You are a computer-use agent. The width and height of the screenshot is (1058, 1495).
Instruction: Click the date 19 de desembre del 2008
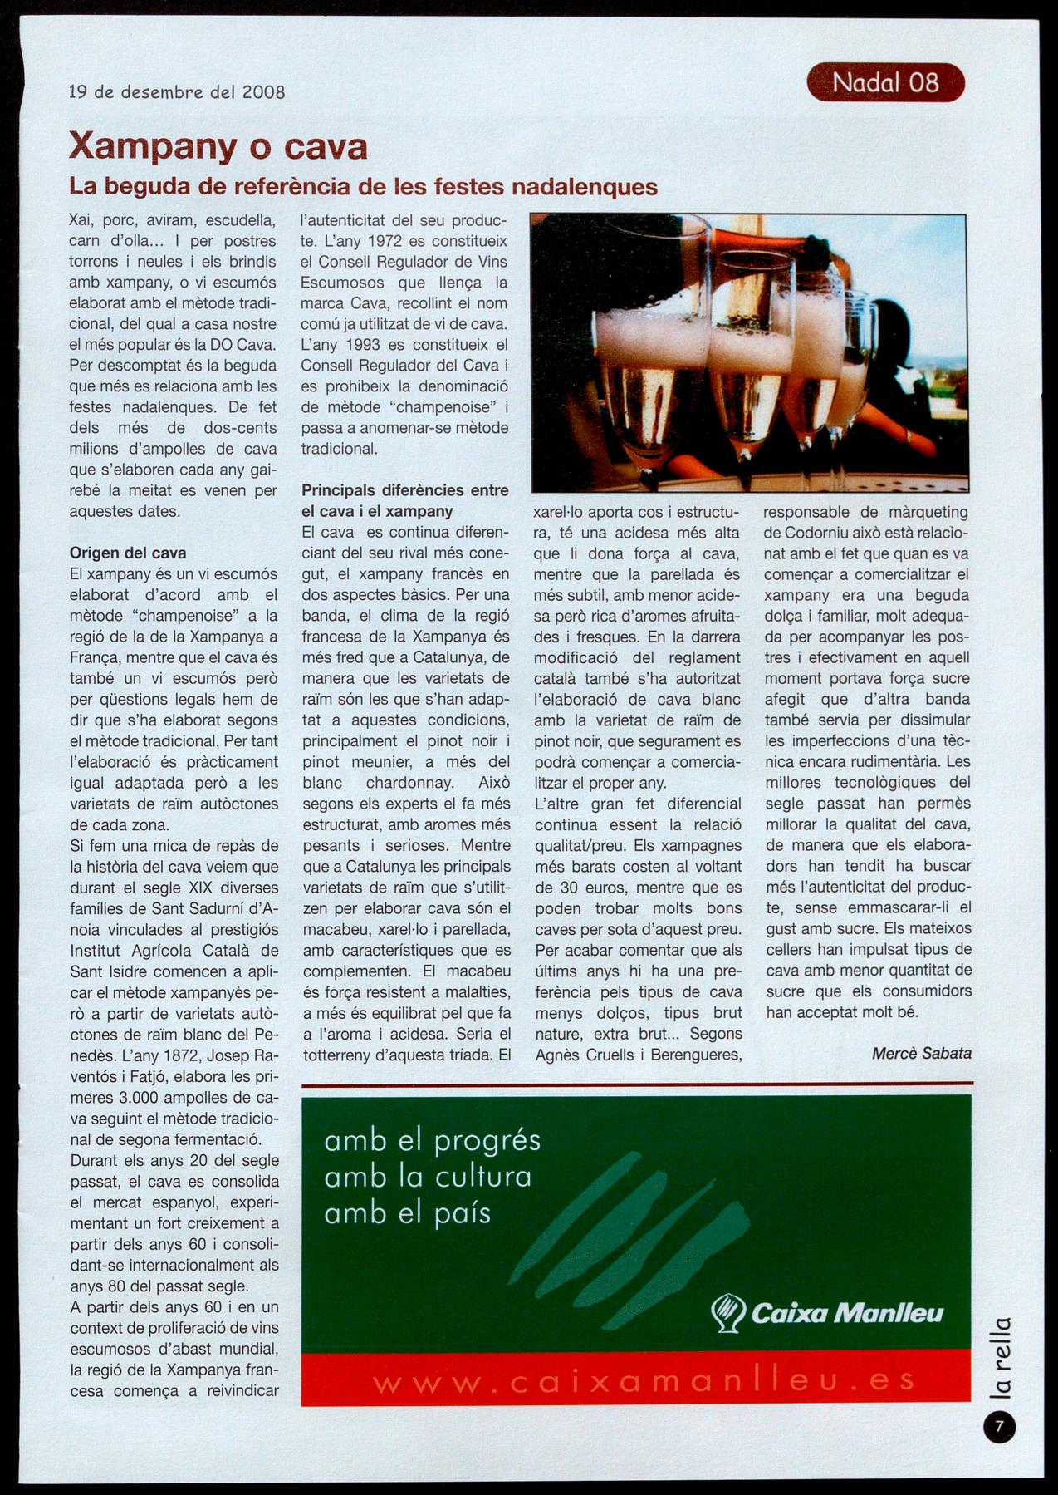click(177, 92)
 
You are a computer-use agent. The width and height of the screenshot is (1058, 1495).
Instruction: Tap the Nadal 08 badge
click(885, 83)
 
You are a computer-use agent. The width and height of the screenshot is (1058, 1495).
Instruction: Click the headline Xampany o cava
click(218, 146)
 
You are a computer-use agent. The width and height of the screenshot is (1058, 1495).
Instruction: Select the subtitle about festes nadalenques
click(363, 186)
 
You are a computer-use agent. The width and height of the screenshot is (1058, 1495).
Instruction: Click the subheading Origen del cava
click(128, 553)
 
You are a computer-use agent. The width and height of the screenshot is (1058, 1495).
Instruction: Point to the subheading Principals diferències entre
click(404, 490)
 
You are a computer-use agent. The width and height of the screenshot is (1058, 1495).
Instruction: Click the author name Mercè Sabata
click(921, 1054)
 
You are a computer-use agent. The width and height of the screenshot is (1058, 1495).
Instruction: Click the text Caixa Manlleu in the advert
click(847, 1313)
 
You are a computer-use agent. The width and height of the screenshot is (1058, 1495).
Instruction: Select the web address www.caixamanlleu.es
click(644, 1382)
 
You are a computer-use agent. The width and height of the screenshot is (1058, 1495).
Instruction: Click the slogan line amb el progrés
click(432, 1141)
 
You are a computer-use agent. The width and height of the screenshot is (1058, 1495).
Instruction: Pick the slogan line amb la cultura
click(428, 1178)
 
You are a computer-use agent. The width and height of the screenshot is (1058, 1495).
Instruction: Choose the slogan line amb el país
click(408, 1214)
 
